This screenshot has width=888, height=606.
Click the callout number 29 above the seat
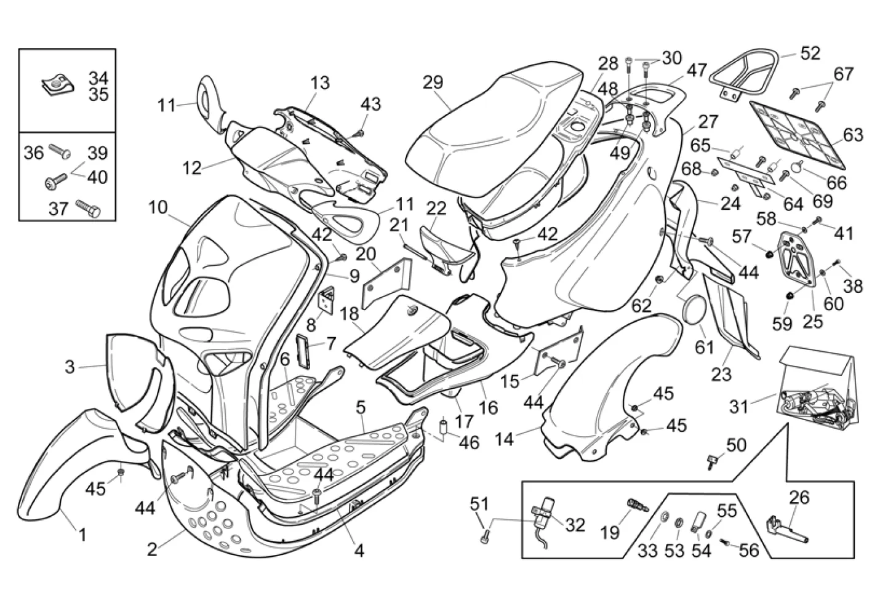point(433,82)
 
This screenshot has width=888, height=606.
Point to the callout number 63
point(853,134)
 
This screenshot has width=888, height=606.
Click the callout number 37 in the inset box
point(58,209)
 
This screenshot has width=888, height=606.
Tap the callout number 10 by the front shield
point(158,207)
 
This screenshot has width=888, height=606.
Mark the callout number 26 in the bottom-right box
point(799,497)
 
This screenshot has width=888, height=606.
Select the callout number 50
point(736,444)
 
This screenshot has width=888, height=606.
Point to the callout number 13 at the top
point(320,82)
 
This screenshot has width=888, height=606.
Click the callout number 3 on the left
point(70,367)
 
